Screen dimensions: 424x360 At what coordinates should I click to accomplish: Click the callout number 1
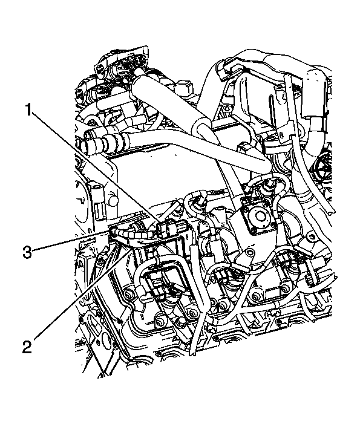click(28, 111)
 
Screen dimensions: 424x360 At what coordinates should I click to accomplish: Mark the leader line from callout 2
click(79, 296)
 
